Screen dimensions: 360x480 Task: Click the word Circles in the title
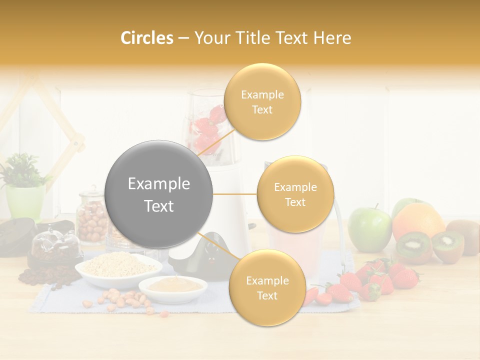click(x=146, y=38)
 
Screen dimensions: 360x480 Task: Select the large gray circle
click(x=159, y=194)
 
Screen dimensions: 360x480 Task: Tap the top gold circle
click(x=262, y=102)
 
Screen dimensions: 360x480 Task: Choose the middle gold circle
click(x=295, y=194)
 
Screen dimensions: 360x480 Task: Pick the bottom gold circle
click(x=267, y=288)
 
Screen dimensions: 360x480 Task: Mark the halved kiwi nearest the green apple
click(x=413, y=246)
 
